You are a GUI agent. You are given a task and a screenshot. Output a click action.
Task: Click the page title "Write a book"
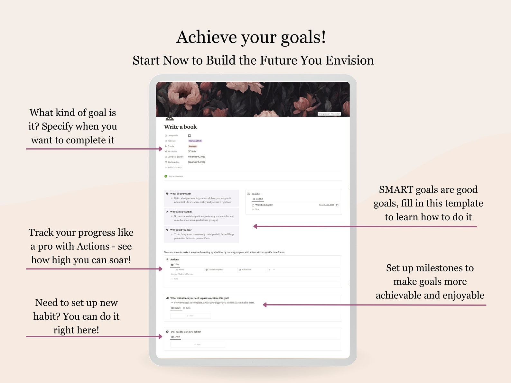click(x=180, y=127)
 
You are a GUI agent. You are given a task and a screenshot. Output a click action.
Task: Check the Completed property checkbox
click(x=190, y=136)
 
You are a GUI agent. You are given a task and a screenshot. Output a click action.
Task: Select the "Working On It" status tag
click(x=195, y=141)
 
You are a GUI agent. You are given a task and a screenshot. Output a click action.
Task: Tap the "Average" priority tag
click(x=193, y=146)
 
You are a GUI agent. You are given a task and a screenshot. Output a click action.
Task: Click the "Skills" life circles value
click(x=193, y=151)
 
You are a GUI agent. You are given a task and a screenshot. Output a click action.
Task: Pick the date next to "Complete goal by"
click(x=197, y=157)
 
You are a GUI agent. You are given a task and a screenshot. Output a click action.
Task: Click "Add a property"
click(x=174, y=168)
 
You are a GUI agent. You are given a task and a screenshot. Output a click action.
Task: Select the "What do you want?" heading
click(x=180, y=194)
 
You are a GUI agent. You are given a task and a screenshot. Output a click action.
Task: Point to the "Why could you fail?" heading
click(x=181, y=230)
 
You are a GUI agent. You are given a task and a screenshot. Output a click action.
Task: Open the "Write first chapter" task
click(x=264, y=205)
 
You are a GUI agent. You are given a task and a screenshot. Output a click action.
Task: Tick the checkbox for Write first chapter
click(x=337, y=205)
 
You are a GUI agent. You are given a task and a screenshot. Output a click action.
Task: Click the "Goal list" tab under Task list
click(x=259, y=199)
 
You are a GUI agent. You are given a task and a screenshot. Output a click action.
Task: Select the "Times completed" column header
click(x=216, y=269)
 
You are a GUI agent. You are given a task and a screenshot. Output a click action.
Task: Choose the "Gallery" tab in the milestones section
click(x=177, y=308)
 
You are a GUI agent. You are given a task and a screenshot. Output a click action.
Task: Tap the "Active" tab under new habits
click(x=177, y=337)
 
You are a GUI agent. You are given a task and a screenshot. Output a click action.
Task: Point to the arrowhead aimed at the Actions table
click(x=160, y=269)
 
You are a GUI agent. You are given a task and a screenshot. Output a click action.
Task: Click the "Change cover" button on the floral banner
click(x=324, y=114)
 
